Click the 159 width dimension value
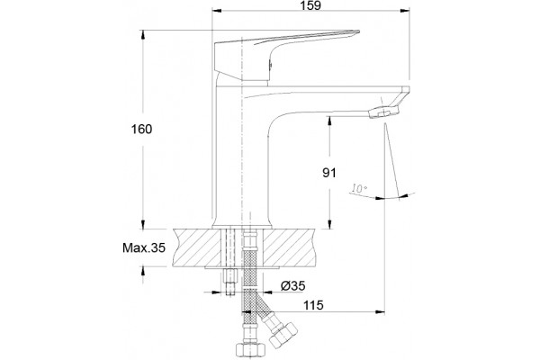click(310, 5)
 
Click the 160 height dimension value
click(141, 130)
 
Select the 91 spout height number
click(329, 172)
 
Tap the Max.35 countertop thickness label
click(144, 247)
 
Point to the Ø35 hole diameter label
click(292, 285)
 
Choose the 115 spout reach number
click(313, 305)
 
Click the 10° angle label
click(359, 188)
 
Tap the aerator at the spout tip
click(384, 112)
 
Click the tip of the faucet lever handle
click(358, 31)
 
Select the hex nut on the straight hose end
click(251, 349)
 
